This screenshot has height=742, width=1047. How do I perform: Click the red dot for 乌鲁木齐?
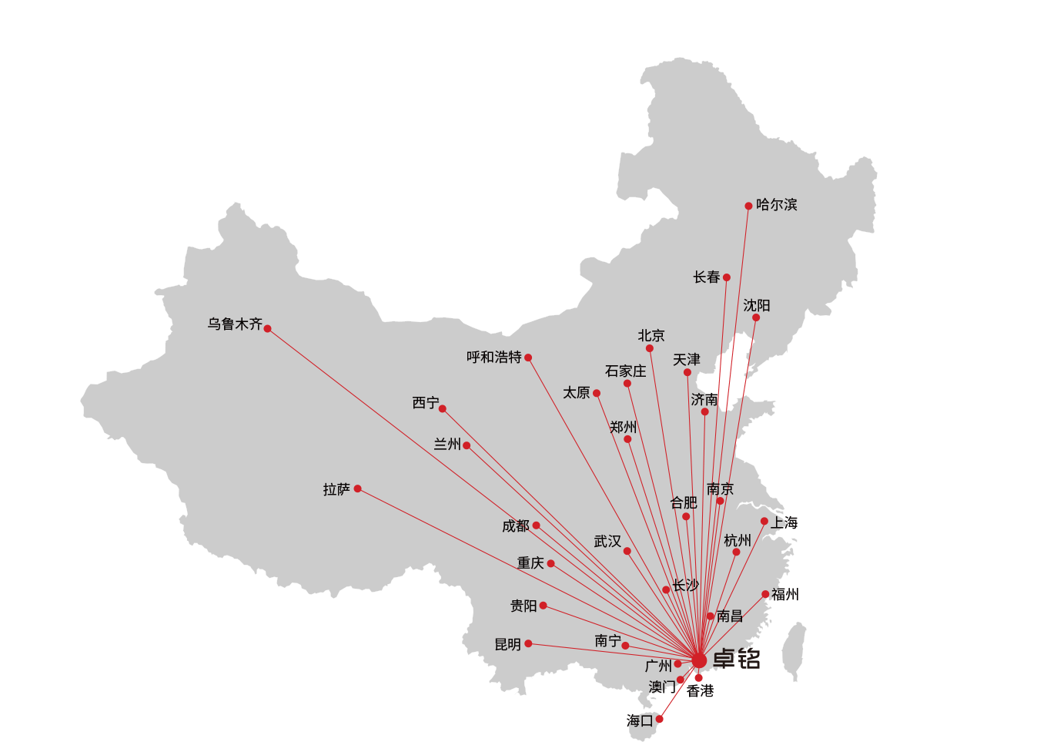pos(267,328)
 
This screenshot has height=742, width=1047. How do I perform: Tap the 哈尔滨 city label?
pos(776,205)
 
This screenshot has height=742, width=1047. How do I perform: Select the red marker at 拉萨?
pos(357,489)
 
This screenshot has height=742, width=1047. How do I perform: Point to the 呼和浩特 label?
pos(494,358)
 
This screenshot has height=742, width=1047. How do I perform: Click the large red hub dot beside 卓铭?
pos(699,660)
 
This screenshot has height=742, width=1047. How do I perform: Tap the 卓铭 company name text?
pos(736,659)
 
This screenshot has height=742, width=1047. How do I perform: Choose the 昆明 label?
pos(507,644)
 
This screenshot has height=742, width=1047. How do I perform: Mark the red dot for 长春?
pos(726,277)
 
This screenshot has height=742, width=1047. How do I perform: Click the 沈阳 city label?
pos(756,306)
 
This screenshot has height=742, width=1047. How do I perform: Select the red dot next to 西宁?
pos(442,408)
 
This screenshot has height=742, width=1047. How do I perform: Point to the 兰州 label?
pos(447,445)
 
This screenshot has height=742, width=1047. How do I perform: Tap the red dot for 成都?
pos(536,525)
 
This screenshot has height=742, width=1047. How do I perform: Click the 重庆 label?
pos(530,563)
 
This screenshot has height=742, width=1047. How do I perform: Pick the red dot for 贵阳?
pos(543,606)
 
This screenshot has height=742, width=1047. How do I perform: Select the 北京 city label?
pos(651,336)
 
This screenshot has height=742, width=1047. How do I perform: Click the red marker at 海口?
pos(659,719)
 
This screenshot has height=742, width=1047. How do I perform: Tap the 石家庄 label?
pos(625,371)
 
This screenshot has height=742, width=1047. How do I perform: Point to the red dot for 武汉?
pos(627,551)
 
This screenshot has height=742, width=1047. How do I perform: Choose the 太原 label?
pos(576,393)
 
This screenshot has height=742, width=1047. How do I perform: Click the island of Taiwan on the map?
pos(794,651)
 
